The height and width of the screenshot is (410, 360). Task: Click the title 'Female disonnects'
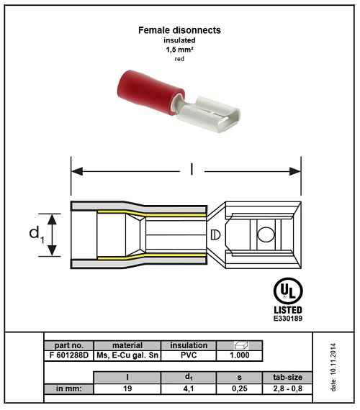(x=179, y=30)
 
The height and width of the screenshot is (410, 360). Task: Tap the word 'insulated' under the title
(x=179, y=40)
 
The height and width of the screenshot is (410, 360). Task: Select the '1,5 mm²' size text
(x=179, y=50)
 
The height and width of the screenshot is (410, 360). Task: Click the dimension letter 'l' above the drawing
(x=192, y=169)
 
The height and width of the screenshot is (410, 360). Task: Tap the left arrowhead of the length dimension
(x=77, y=171)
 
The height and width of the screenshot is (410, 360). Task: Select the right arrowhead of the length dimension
(x=295, y=171)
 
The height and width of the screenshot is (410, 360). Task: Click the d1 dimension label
(x=37, y=234)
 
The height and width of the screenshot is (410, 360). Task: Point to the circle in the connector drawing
(x=266, y=234)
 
